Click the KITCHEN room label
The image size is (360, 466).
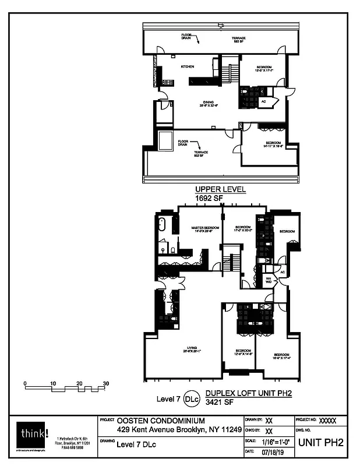pyautogui.click(x=187, y=67)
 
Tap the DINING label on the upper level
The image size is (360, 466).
pyautogui.click(x=201, y=103)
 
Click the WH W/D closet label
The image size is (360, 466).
pyautogui.click(x=269, y=280)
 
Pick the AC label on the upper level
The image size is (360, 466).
pyautogui.click(x=263, y=101)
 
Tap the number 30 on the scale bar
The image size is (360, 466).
pyautogui.click(x=106, y=383)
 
